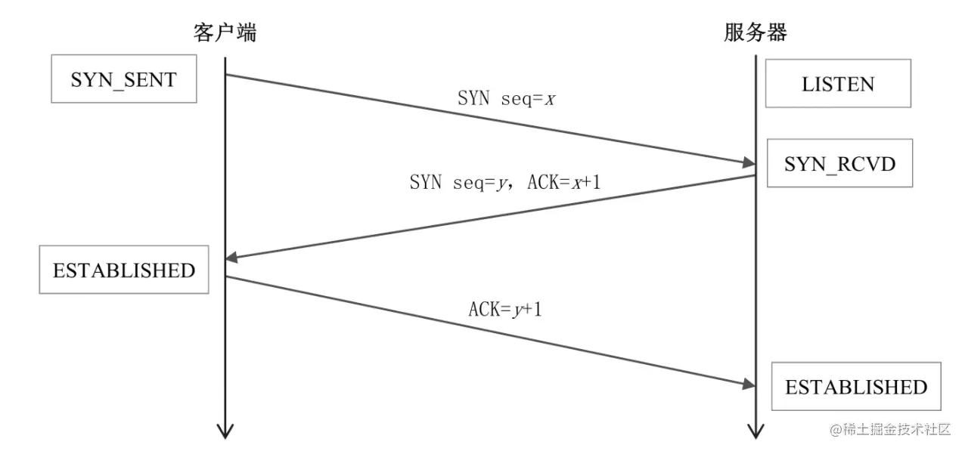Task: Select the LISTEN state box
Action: coord(838,84)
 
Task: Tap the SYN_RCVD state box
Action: coord(839,163)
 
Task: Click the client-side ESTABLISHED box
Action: coord(123,270)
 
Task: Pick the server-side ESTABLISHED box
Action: coord(856,387)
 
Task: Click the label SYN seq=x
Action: coord(506,98)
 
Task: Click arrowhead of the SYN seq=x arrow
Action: coord(748,162)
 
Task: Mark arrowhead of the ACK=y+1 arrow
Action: coord(748,385)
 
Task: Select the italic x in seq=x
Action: coord(551,98)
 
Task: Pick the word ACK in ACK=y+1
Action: coord(482,308)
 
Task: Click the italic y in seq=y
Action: coord(500,183)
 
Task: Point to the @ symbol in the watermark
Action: coord(836,430)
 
